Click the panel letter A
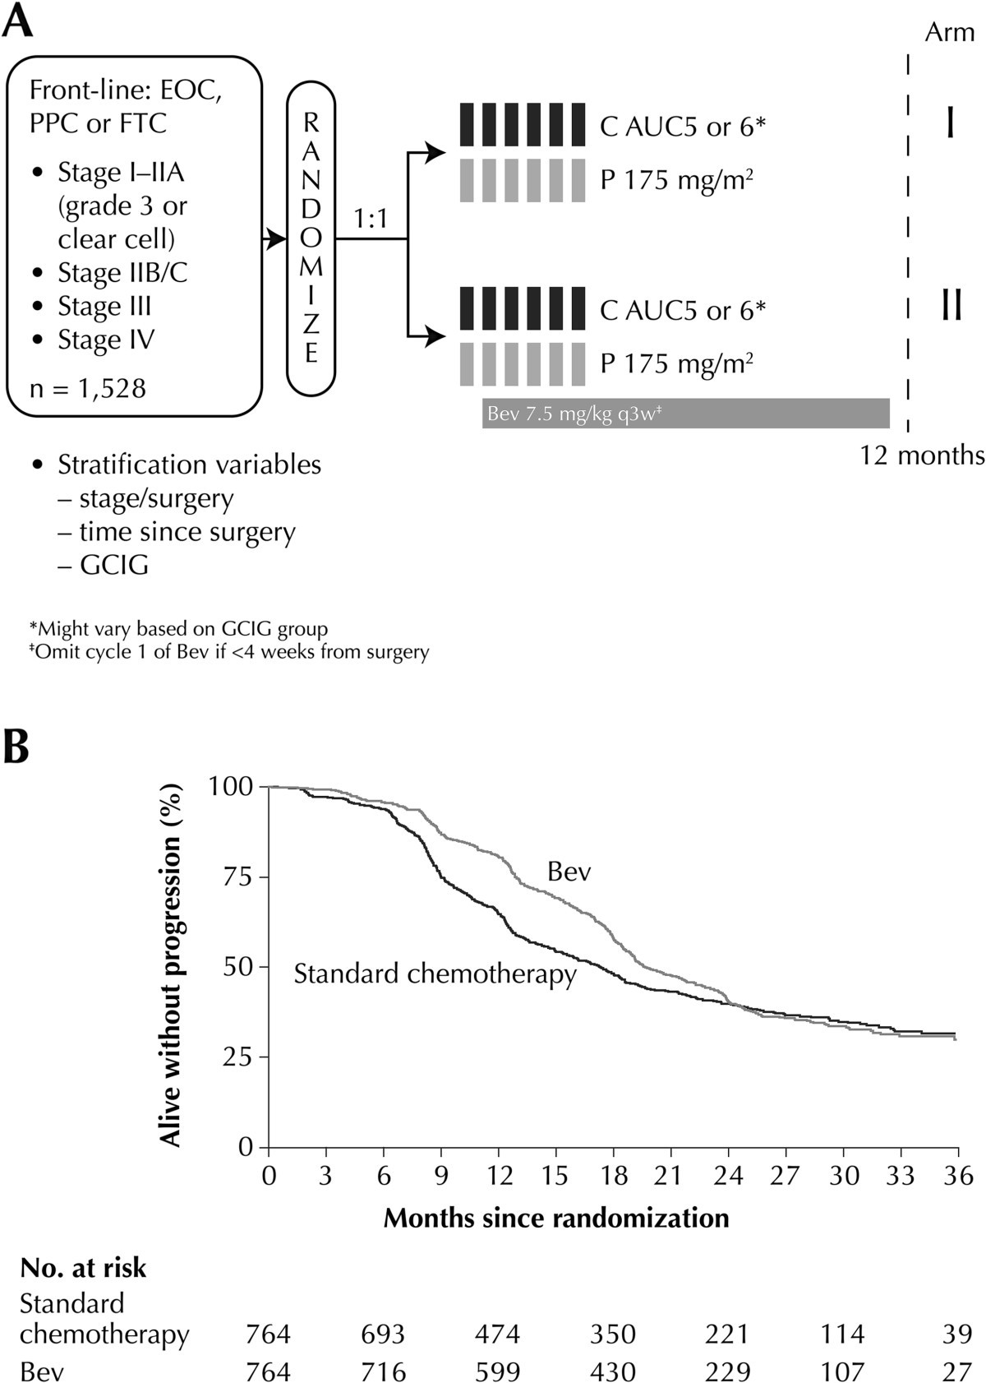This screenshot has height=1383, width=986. (18, 21)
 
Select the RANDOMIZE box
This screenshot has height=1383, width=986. (311, 238)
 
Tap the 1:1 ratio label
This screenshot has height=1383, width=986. (370, 220)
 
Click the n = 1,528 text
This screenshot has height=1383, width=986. (88, 387)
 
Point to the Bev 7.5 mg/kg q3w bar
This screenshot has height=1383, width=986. (685, 414)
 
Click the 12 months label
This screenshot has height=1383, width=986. (922, 455)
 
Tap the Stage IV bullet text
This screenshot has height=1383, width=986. (106, 340)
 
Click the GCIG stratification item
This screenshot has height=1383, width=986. (114, 565)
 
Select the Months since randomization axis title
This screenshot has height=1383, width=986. (556, 1217)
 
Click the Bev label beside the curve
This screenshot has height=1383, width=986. (569, 872)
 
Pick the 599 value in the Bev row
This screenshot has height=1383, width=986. (497, 1371)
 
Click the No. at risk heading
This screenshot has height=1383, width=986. (83, 1267)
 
